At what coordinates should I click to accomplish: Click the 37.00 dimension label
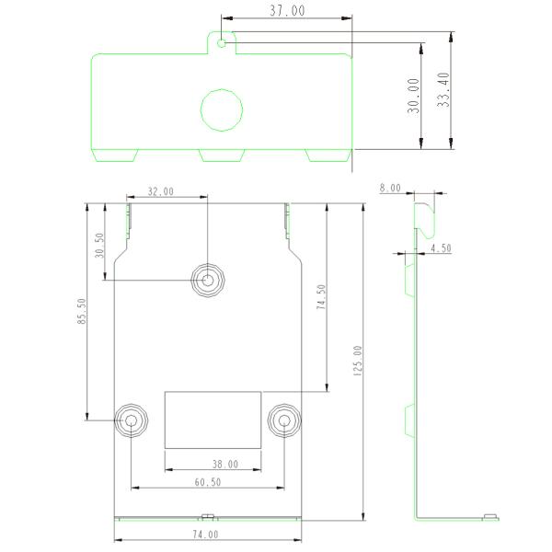(x=287, y=10)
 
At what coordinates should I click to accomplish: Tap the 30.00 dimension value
(x=414, y=96)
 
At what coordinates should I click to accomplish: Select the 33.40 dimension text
(x=443, y=89)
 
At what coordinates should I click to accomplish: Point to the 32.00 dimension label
(x=160, y=191)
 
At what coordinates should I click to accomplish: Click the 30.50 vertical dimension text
(x=99, y=246)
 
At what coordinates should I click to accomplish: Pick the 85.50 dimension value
(x=82, y=311)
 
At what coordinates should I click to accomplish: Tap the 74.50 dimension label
(x=321, y=297)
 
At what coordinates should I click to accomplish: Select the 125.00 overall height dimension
(x=357, y=361)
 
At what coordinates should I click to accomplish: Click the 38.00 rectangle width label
(x=225, y=465)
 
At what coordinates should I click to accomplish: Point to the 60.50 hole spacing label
(x=208, y=482)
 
